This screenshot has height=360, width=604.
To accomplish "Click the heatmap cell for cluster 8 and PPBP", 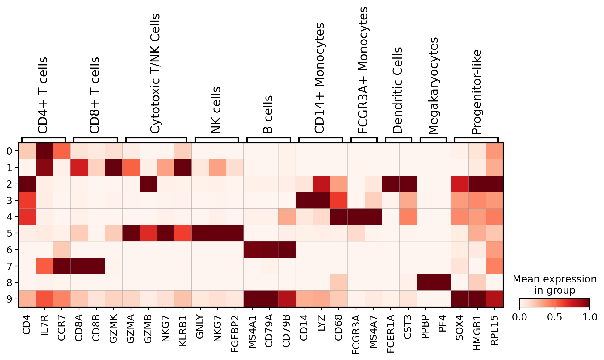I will [x=425, y=282].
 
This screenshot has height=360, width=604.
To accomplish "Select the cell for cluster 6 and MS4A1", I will [x=252, y=250].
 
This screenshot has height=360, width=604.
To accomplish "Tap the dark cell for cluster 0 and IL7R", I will [x=44, y=151].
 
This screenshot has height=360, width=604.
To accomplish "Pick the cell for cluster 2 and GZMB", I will [x=148, y=184].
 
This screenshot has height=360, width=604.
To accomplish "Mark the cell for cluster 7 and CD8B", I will [x=96, y=266].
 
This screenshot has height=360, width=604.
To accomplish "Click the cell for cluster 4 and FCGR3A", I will [x=356, y=217].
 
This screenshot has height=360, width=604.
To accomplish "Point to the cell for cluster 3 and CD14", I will [x=304, y=200].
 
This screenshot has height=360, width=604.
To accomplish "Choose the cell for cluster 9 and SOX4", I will [x=460, y=299].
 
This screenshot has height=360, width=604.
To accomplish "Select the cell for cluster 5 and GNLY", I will [x=200, y=233].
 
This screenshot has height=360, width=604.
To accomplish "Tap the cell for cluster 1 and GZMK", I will [x=114, y=167].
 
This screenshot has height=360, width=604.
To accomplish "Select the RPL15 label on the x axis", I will [x=494, y=328].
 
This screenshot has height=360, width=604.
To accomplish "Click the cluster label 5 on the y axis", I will [x=10, y=233].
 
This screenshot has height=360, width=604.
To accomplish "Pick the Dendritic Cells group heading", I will [x=398, y=90].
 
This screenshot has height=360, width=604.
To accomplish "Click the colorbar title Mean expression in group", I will [x=555, y=285].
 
